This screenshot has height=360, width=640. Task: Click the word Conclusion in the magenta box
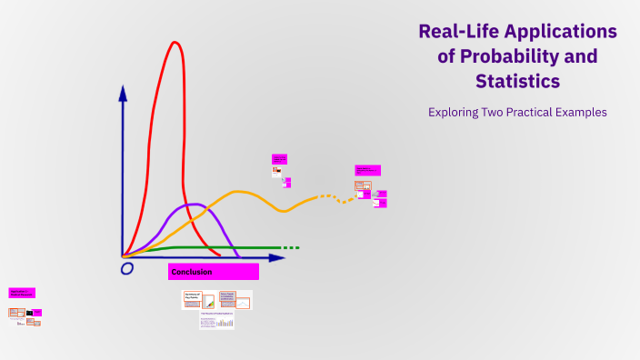click(x=192, y=272)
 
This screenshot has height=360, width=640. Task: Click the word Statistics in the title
click(x=517, y=82)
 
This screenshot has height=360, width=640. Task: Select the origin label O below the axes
click(x=127, y=268)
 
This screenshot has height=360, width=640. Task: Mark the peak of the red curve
click(x=175, y=43)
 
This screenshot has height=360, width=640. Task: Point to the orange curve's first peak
click(x=239, y=192)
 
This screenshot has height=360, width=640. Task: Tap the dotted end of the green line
click(x=290, y=247)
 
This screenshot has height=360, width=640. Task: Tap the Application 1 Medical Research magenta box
click(x=22, y=293)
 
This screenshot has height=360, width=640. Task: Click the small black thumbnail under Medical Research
click(x=29, y=313)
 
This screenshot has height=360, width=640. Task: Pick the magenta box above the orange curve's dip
click(x=279, y=159)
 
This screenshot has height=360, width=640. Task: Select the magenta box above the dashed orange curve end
click(x=367, y=170)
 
